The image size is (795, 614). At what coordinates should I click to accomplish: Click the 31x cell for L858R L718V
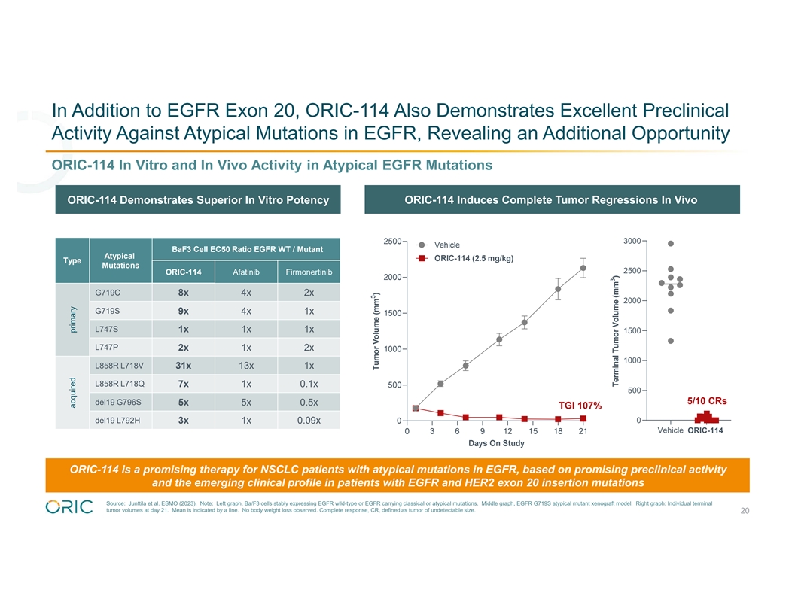[x=184, y=366]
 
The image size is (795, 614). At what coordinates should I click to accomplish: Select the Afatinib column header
[x=246, y=272]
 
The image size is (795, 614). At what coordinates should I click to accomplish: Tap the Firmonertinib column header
[x=309, y=272]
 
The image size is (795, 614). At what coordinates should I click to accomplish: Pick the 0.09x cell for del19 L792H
[x=309, y=420]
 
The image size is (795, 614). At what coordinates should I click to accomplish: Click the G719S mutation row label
[x=108, y=311]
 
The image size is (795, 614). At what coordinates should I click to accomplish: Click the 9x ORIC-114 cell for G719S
[x=184, y=311]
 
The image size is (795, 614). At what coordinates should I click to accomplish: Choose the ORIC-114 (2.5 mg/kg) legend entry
[x=474, y=258]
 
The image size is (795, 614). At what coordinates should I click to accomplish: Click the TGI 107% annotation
[x=580, y=406]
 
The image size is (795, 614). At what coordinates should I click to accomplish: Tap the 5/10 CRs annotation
[x=705, y=400]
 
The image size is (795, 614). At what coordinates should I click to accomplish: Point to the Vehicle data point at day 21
[x=583, y=268]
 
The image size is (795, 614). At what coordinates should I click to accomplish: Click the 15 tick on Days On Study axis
[x=533, y=431]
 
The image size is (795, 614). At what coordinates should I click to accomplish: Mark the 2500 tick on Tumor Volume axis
[x=391, y=241]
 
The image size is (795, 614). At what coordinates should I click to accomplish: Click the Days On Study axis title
[x=496, y=443]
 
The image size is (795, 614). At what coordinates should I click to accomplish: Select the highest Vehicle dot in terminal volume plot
[x=671, y=243]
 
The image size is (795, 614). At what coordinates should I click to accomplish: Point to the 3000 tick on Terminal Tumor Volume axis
[x=632, y=241]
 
